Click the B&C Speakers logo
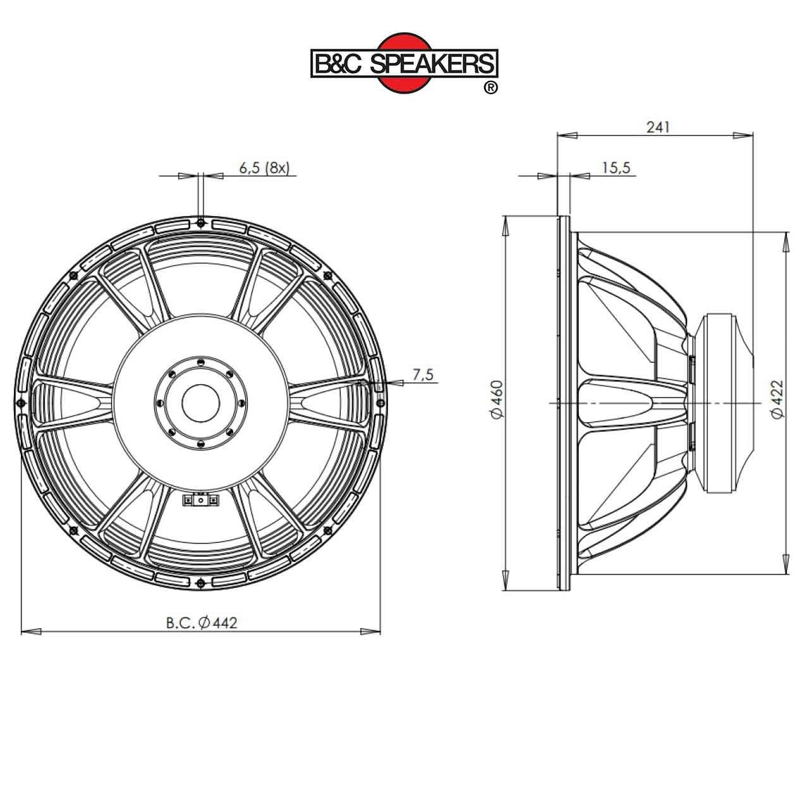tap(404, 63)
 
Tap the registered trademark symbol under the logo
tap(490, 88)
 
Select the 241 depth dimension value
tap(657, 127)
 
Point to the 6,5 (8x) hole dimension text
tap(264, 167)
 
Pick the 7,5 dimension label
tap(423, 375)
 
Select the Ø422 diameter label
tap(777, 399)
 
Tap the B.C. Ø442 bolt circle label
tap(202, 623)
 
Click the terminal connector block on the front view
tap(200, 501)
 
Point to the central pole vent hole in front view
tap(200, 402)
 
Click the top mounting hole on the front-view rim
tap(200, 222)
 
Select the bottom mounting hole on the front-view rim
tap(200, 581)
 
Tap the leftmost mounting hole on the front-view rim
tap(21, 403)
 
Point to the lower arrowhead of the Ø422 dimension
tap(786, 565)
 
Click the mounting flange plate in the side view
tap(563, 403)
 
